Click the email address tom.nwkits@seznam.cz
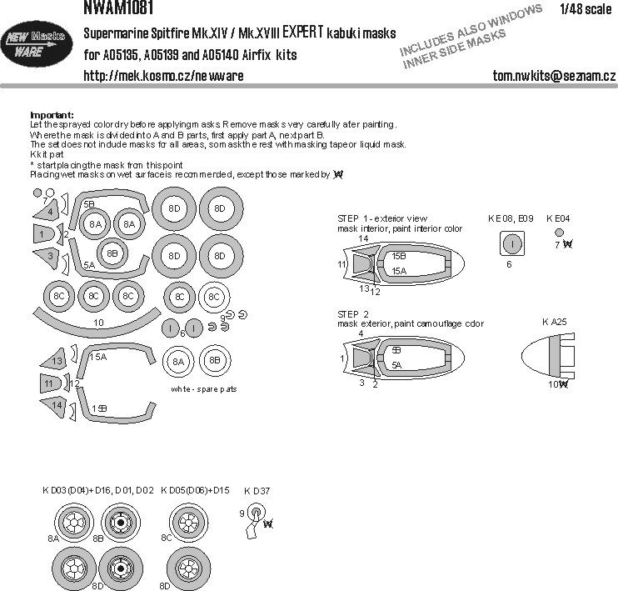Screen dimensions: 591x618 tap(553, 76)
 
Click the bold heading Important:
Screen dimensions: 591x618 tap(52, 114)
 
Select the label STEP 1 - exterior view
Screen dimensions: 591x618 tap(383, 218)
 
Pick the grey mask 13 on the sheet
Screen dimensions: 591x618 tap(54, 361)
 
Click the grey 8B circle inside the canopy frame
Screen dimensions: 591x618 tap(112, 253)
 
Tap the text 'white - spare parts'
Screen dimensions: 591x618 tap(204, 389)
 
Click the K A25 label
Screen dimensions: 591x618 tap(554, 321)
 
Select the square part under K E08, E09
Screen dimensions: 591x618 tap(513, 243)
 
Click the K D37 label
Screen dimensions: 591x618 tap(257, 490)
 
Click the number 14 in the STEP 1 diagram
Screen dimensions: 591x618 tap(363, 238)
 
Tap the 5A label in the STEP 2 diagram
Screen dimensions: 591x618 tap(396, 364)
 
